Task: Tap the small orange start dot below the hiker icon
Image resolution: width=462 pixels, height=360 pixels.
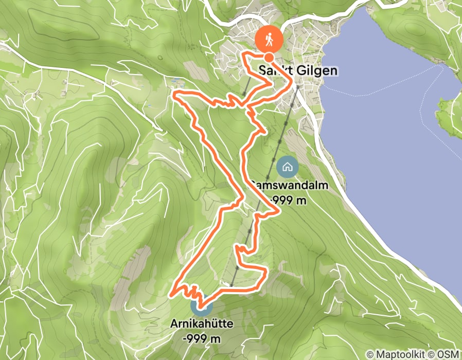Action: [x=269, y=57]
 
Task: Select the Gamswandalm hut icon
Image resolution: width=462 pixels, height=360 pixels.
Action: [x=287, y=167]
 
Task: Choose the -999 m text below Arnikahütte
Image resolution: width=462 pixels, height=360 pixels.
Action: [x=201, y=339]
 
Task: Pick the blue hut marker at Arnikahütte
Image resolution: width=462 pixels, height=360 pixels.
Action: [x=201, y=307]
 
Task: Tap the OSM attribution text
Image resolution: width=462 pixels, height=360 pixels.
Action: [x=449, y=354]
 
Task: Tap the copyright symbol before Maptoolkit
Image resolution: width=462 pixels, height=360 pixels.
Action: [x=369, y=354]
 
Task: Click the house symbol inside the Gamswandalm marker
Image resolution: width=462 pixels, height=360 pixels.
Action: [x=287, y=167]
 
